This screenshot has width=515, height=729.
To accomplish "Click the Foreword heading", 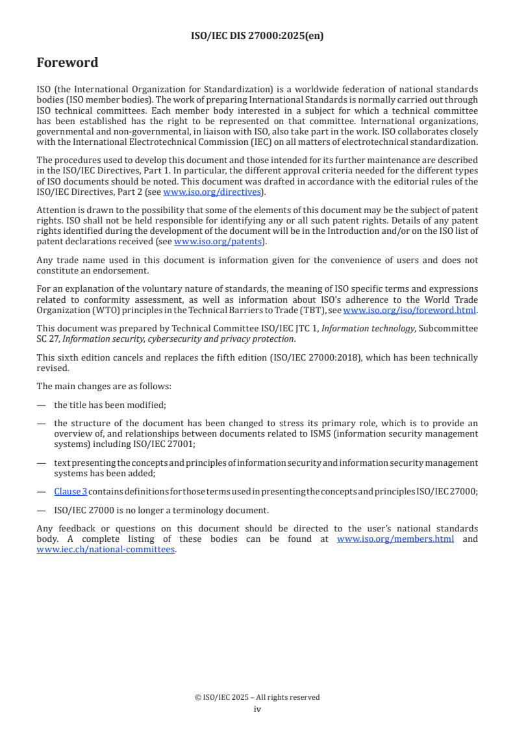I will pyautogui.click(x=68, y=63).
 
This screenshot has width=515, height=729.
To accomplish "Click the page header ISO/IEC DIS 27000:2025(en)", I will pyautogui.click(x=257, y=36).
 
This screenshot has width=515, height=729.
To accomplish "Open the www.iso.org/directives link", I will pyautogui.click(x=211, y=192).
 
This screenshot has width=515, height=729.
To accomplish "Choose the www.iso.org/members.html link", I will pyautogui.click(x=396, y=539).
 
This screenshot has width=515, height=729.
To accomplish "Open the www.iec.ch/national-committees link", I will pyautogui.click(x=106, y=549).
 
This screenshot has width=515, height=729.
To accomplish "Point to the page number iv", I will pyautogui.click(x=257, y=709).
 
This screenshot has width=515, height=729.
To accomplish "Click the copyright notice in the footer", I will pyautogui.click(x=257, y=697).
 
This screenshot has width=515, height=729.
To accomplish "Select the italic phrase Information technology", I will pyautogui.click(x=368, y=328).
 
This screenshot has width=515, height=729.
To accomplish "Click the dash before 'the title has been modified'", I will pyautogui.click(x=41, y=405).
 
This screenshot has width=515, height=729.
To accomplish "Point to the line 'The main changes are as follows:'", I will pyautogui.click(x=104, y=386).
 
